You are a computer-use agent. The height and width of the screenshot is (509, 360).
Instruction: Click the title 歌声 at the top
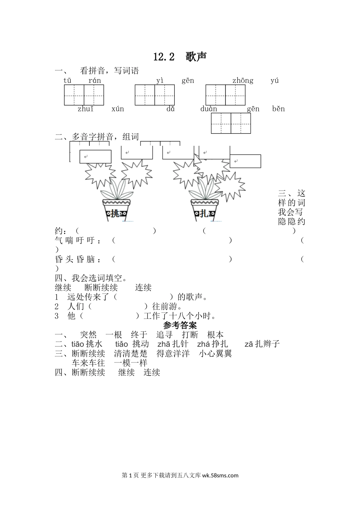[196, 56]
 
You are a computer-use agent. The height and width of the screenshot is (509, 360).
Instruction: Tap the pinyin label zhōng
[243, 81]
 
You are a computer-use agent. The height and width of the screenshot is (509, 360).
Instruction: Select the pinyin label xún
[118, 109]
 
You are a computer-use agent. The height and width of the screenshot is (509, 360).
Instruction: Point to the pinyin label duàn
[209, 109]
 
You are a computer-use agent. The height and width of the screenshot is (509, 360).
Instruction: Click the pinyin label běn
[279, 109]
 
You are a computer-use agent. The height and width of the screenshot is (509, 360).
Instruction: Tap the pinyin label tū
[67, 80]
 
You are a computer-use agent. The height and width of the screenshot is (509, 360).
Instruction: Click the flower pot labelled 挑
[116, 210]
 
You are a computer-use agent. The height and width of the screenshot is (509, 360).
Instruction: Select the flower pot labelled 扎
[205, 210]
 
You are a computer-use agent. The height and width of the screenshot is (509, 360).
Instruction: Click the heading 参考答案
[180, 325]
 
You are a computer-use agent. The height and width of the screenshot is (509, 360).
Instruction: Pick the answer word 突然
[88, 335]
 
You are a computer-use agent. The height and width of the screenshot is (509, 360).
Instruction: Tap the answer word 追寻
[164, 335]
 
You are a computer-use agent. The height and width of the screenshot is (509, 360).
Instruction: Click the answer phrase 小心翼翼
[215, 354]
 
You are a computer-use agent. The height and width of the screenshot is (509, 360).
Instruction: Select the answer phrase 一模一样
[131, 363]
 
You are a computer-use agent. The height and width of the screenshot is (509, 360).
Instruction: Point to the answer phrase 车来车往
[88, 363]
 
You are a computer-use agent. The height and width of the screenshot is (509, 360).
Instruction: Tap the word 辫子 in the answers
[271, 344]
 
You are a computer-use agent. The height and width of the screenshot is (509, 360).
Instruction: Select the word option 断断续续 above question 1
[101, 287]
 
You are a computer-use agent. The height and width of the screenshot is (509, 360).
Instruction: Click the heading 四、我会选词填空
[91, 278]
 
